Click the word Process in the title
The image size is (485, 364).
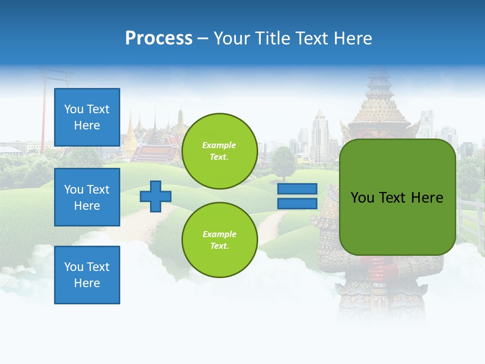point(159,38)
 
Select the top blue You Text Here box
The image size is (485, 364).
point(87,117)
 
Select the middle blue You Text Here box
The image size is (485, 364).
point(87,197)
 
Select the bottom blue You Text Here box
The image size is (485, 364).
point(87,275)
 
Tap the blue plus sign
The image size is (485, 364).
point(156,196)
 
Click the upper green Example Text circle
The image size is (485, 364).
point(219,151)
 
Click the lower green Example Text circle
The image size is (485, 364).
point(219,240)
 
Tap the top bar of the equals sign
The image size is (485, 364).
point(297,189)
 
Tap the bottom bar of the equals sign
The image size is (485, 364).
point(297,204)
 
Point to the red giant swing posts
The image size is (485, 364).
point(44,116)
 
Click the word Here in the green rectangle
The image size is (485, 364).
point(426,198)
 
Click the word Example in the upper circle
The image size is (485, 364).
point(219,145)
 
